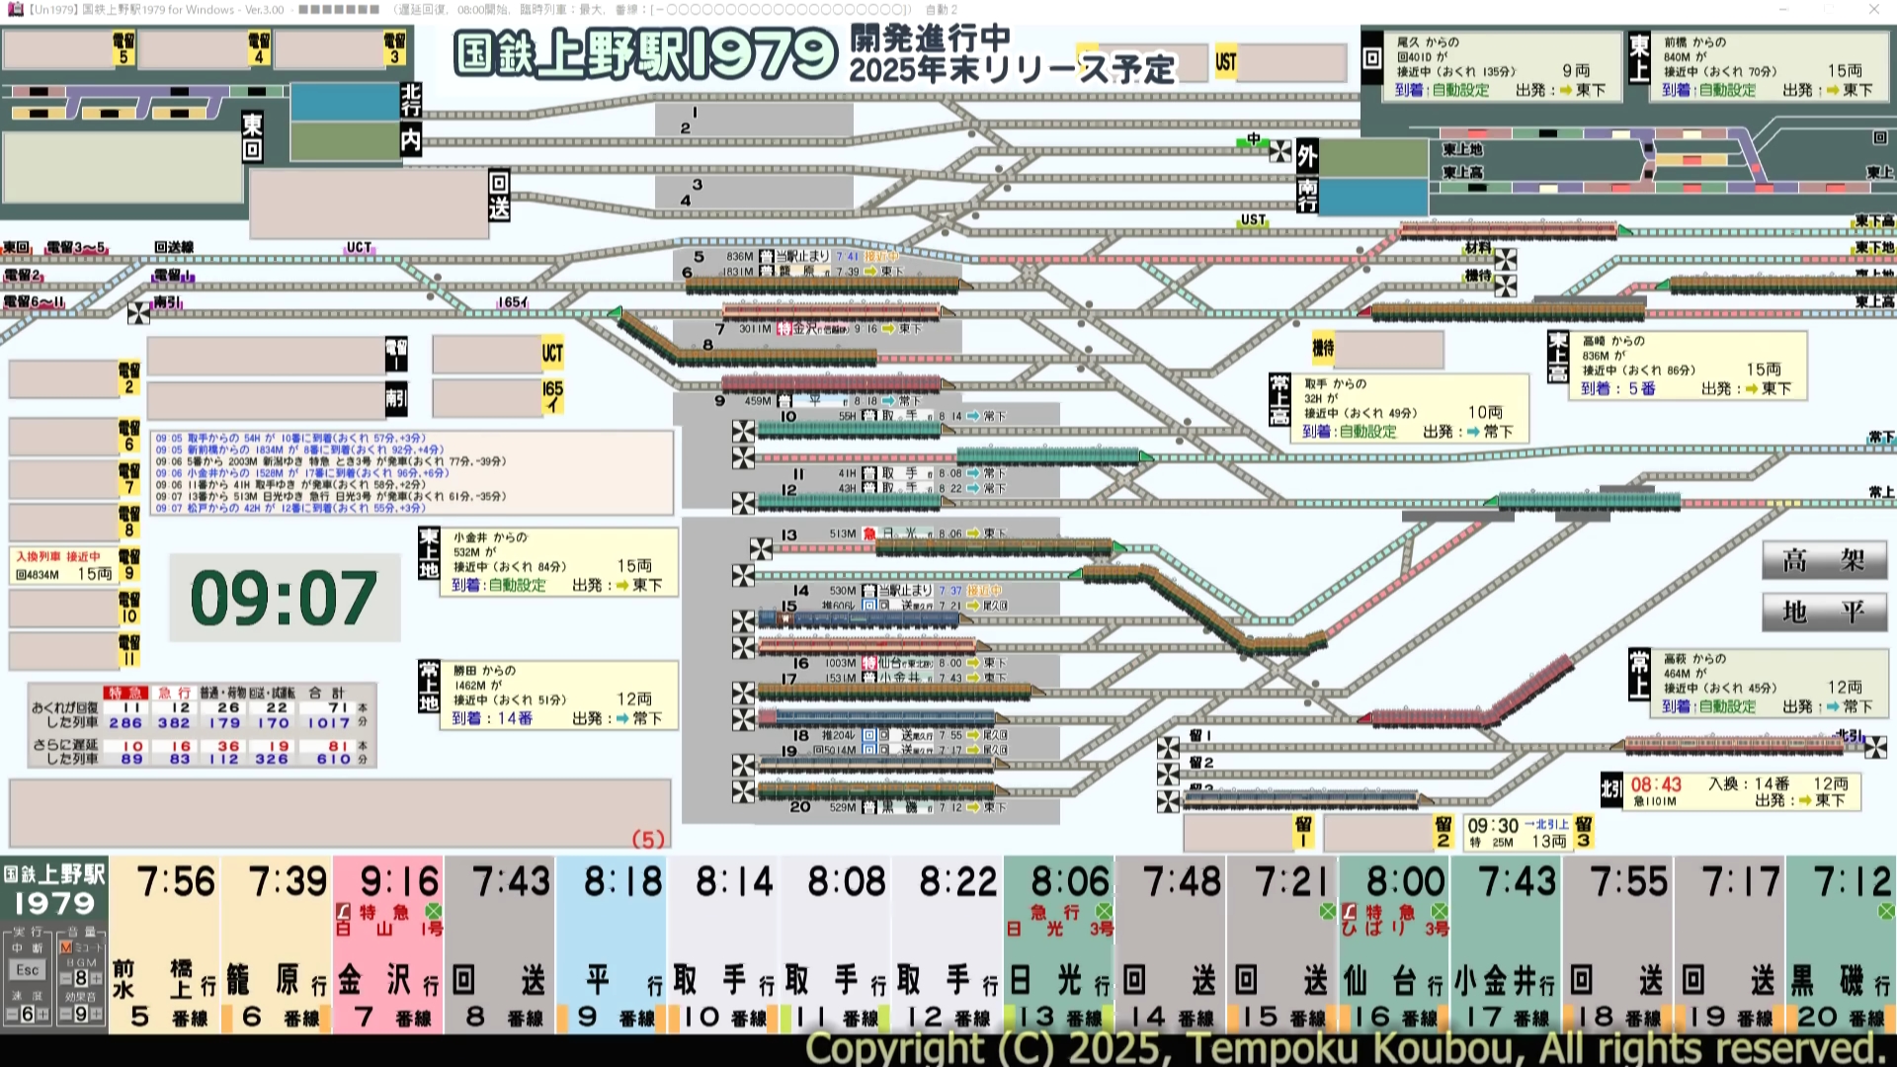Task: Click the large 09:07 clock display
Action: click(x=284, y=598)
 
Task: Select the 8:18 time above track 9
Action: click(x=622, y=881)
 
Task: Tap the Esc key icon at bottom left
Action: click(x=28, y=970)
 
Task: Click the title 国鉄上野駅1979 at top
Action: click(x=645, y=54)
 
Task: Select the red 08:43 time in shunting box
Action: click(x=1656, y=784)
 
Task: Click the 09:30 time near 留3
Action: click(x=1493, y=826)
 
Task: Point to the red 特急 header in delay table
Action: click(x=126, y=693)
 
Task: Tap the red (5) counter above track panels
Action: click(x=648, y=840)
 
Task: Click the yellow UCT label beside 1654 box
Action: click(x=552, y=353)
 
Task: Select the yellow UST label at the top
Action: click(x=1226, y=62)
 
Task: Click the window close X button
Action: click(x=1874, y=9)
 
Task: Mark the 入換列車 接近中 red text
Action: click(x=58, y=556)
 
